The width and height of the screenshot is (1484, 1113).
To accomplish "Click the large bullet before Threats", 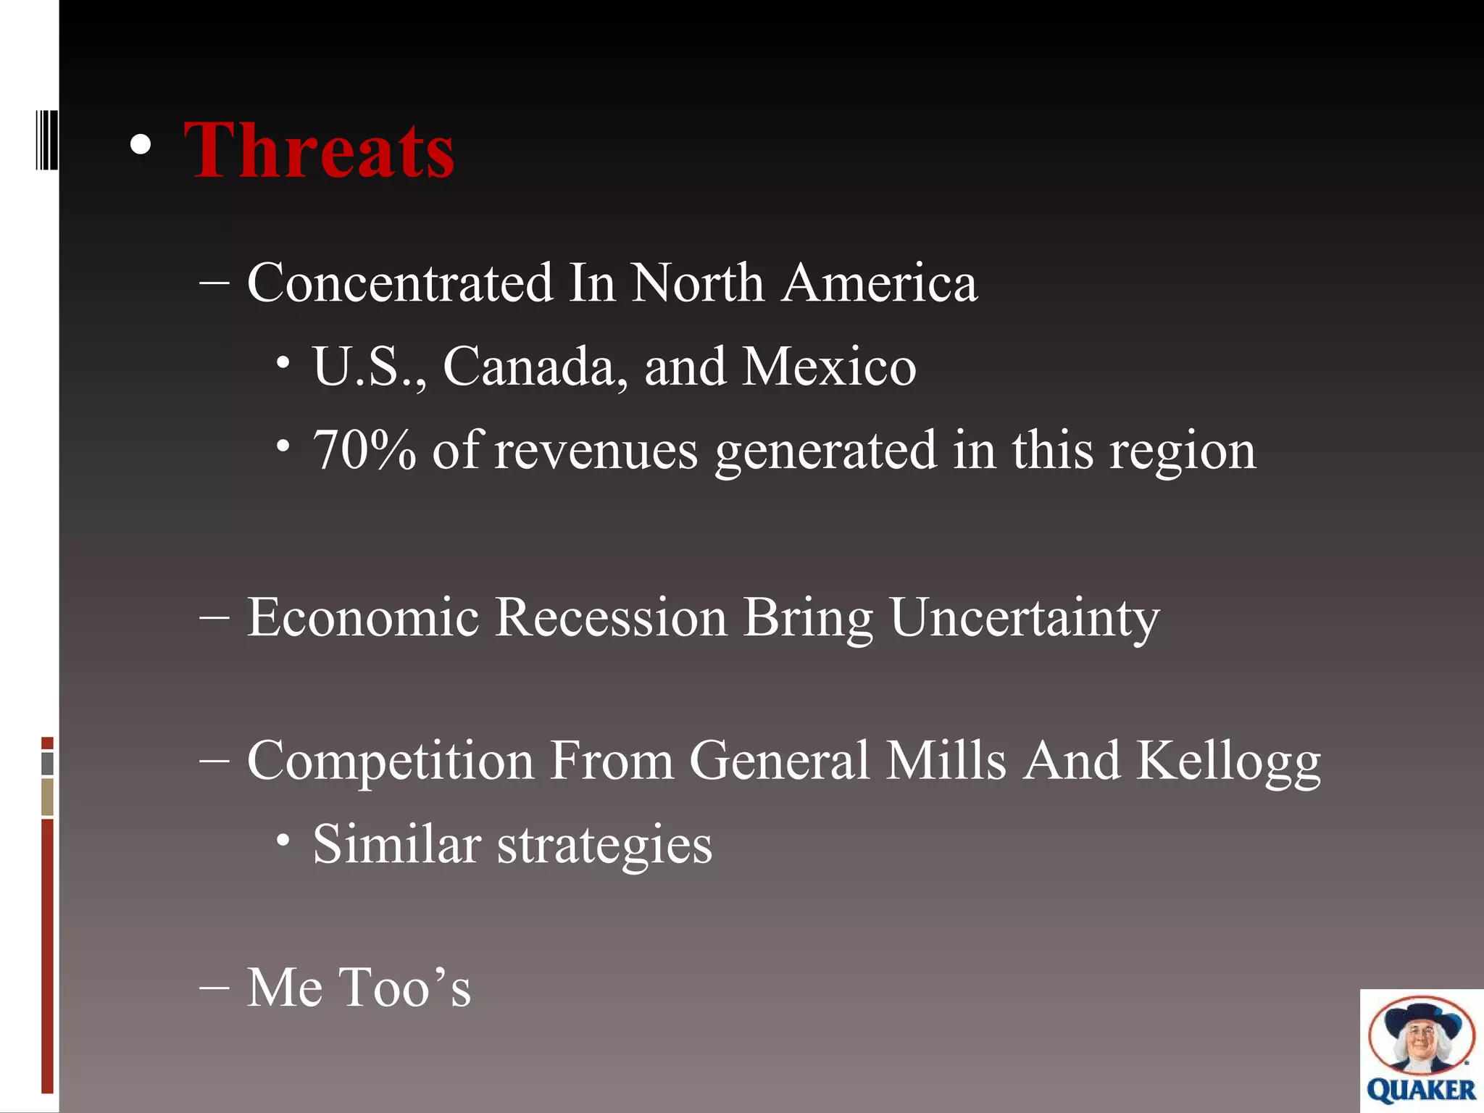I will pyautogui.click(x=141, y=146).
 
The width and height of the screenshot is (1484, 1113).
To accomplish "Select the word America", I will pyautogui.click(x=880, y=283).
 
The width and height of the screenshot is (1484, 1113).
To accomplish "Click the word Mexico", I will pyautogui.click(x=829, y=367).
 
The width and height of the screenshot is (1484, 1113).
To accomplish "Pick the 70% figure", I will pyautogui.click(x=364, y=451).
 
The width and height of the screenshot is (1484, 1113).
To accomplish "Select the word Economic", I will pyautogui.click(x=363, y=617).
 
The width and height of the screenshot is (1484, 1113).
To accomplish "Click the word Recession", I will pyautogui.click(x=610, y=617).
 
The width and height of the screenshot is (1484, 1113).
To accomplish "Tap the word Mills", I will pyautogui.click(x=946, y=761).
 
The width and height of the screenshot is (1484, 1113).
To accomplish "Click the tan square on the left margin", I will pyautogui.click(x=47, y=796).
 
